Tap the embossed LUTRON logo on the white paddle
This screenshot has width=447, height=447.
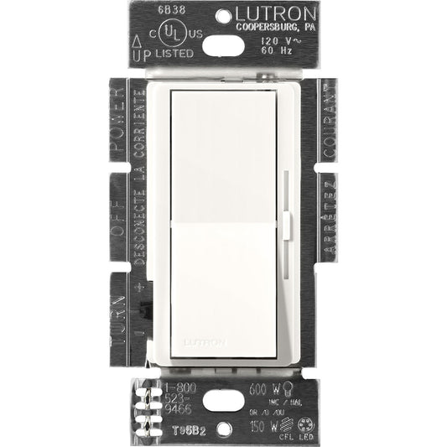[222, 341]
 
